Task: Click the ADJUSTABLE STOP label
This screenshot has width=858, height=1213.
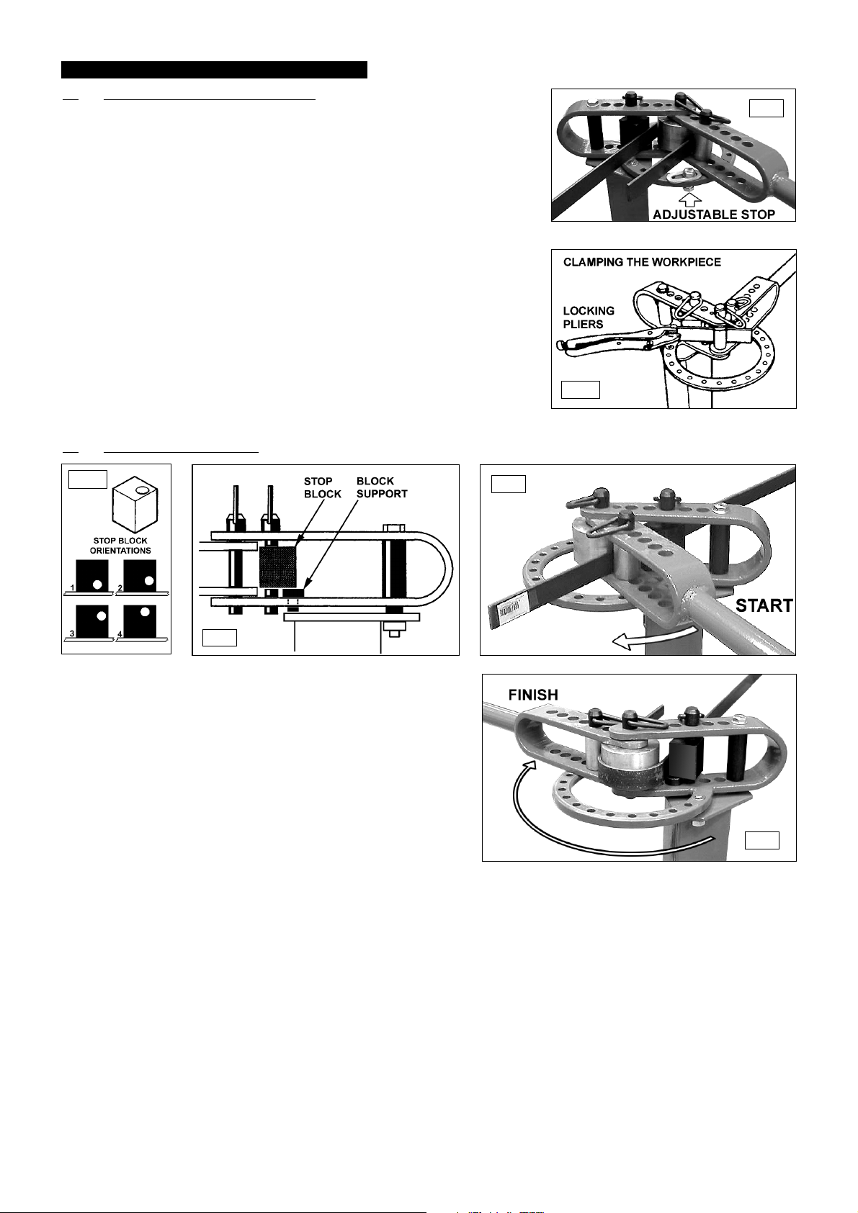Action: [x=714, y=215]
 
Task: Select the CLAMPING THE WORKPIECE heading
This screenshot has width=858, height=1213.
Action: [x=643, y=262]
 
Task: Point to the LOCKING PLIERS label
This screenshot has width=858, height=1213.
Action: [x=589, y=317]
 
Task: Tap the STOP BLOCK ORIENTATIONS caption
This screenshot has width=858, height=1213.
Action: [x=120, y=545]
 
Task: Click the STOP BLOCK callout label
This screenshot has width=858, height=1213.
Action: [x=323, y=487]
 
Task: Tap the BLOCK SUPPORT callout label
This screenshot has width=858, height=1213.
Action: [x=382, y=487]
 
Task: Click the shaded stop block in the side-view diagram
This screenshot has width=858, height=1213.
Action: [x=278, y=566]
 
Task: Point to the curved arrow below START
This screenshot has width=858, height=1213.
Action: [x=653, y=638]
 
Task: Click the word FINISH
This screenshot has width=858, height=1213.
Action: [x=533, y=695]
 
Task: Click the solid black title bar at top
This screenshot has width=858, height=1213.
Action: [x=214, y=70]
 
